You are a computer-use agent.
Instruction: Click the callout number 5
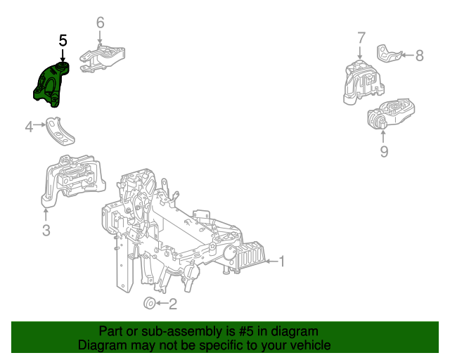coord(63,41)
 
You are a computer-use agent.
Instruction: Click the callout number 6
coord(100,23)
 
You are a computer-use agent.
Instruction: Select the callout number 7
coord(361,38)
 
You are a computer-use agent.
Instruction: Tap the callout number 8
coord(419,56)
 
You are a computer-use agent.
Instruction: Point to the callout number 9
coord(384,151)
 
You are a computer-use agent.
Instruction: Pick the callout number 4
coord(29,127)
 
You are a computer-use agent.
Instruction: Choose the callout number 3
coord(46,230)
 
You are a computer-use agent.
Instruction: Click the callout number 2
coord(172,304)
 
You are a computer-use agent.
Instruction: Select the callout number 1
coord(281,262)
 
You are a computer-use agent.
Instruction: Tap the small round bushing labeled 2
coord(149,303)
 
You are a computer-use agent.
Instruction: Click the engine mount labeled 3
coord(70,183)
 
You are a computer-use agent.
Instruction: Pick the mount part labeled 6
coord(104,58)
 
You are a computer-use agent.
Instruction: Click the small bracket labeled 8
coord(389,53)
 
